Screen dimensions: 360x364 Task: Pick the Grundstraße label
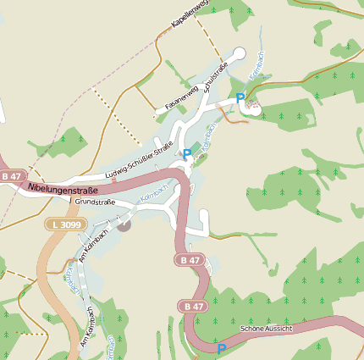coord(95,202)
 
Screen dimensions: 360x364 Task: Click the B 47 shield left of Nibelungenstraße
coord(11,175)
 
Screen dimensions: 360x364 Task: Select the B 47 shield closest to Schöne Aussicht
coord(193,306)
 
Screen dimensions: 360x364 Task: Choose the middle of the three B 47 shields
coord(190,259)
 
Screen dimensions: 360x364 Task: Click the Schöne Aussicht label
coord(267,327)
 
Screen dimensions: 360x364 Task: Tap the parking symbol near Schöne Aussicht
coord(222,348)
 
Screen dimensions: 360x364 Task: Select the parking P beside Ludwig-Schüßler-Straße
coord(187,154)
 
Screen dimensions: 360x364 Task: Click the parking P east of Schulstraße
coord(240,98)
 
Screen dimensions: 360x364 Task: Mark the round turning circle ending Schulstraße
coord(239,53)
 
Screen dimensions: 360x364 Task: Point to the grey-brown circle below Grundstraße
coord(124,224)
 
